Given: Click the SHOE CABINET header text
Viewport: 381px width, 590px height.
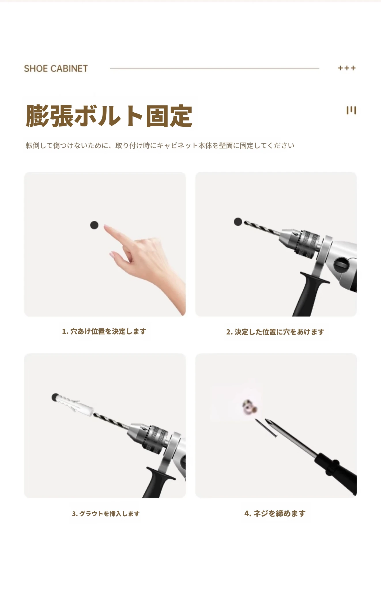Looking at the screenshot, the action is coord(56,69).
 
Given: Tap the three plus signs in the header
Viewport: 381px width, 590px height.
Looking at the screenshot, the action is coord(347,68).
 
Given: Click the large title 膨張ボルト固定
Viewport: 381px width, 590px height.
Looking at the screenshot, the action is coord(109,116).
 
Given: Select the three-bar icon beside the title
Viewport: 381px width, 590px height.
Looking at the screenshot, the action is coord(351,110).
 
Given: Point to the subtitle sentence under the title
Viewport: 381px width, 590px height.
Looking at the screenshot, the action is coord(160,145).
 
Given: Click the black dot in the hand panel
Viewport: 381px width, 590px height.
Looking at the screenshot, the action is coord(94,225).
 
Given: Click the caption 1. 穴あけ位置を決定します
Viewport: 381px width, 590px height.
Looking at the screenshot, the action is coord(104,331).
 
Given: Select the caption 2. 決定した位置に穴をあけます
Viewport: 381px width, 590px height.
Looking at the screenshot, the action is coord(275,332).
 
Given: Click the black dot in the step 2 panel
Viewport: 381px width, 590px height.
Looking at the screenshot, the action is coord(238,222).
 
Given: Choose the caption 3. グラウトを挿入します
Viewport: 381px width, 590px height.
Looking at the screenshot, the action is coord(106,514).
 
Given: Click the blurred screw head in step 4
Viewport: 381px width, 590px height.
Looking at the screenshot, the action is coord(249,407).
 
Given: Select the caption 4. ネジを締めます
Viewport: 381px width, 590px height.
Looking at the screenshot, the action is coord(275,513).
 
